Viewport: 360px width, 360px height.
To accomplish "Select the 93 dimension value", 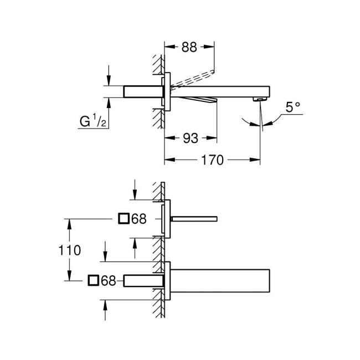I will (190, 138).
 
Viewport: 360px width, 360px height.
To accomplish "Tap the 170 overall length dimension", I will (213, 161).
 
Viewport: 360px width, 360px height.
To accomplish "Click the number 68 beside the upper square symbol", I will (139, 219).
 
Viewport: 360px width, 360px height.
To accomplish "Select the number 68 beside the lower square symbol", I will (108, 281).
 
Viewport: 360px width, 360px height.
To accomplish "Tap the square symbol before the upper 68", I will (125, 219).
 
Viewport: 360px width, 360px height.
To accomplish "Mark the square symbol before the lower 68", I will (94, 281).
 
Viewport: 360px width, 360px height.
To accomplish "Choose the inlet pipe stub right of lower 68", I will (142, 281).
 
